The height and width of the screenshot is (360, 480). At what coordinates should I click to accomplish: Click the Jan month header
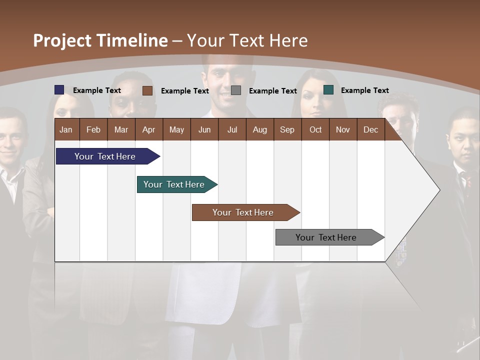tap(66, 129)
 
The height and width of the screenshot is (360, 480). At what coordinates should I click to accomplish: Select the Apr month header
tap(148, 129)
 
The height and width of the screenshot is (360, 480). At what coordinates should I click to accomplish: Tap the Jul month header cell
tap(232, 129)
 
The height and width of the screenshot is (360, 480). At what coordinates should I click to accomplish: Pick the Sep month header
tap(287, 129)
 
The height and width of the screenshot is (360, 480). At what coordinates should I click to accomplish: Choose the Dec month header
tap(370, 129)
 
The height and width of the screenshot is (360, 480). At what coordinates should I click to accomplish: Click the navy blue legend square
tap(59, 90)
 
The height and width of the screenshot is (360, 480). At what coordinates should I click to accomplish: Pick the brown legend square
tap(147, 90)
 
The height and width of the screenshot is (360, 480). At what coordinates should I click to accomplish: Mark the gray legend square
tap(236, 90)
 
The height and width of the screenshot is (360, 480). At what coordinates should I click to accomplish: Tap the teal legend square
tap(328, 90)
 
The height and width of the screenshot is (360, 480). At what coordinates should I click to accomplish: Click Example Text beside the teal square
tap(364, 90)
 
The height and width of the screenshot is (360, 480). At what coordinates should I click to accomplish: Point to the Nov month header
tap(342, 129)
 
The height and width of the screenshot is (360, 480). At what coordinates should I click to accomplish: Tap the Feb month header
tap(93, 129)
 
